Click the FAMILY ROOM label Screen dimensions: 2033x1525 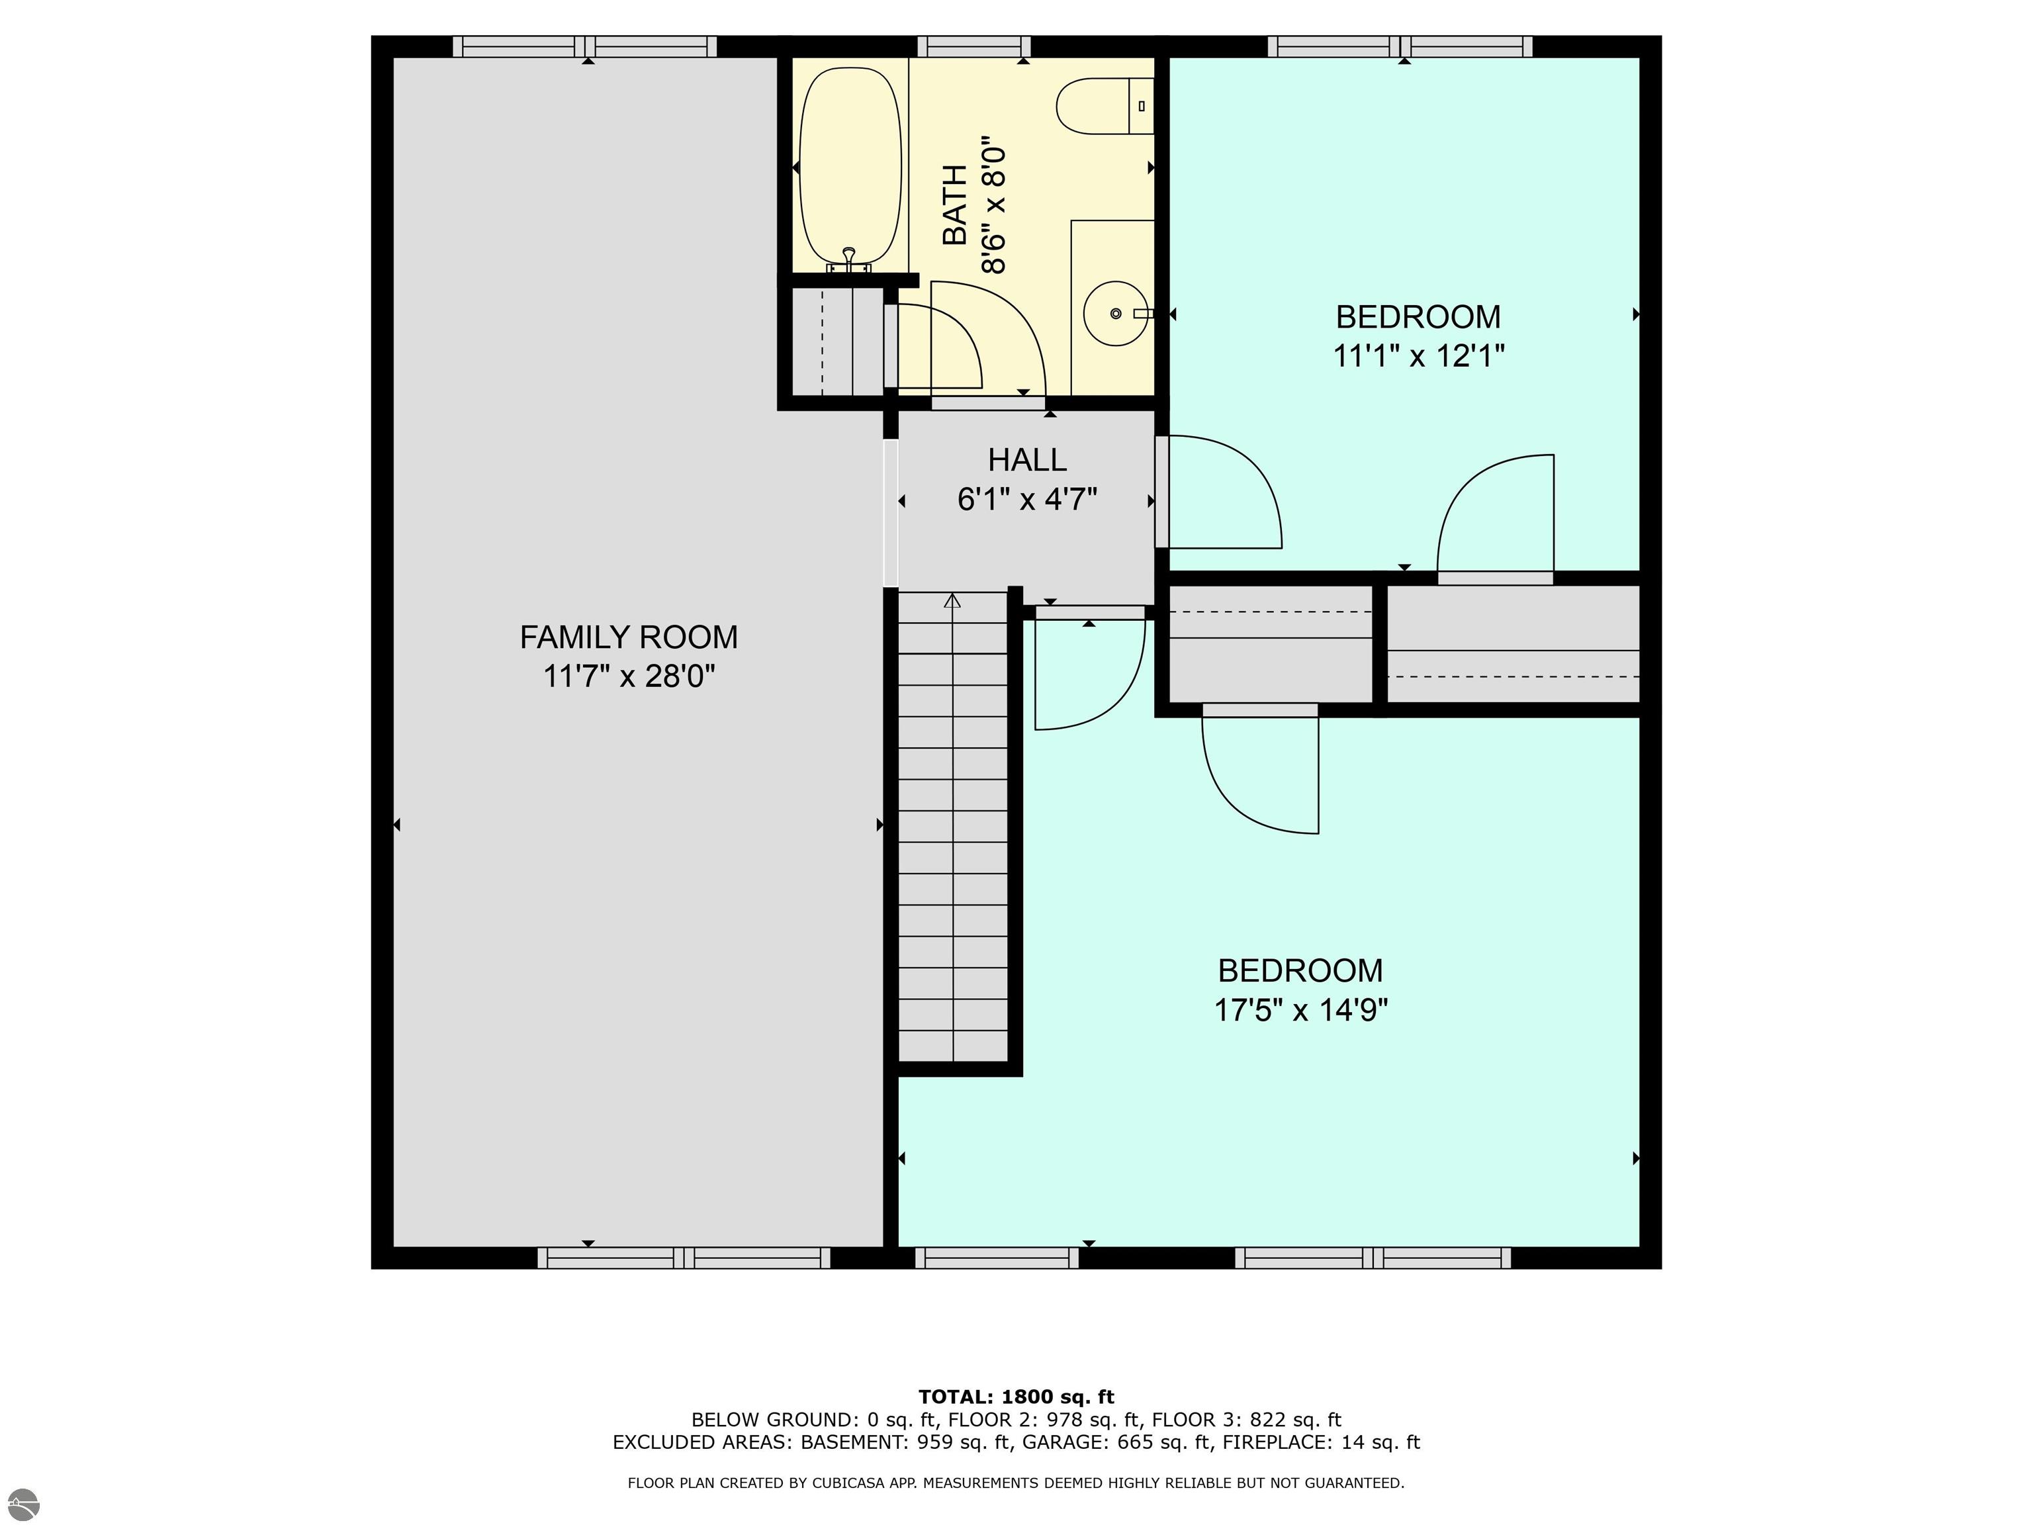(629, 637)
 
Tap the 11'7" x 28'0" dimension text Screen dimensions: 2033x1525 (629, 676)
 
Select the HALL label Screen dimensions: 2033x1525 (1028, 459)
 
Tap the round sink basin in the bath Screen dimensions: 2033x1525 (1116, 314)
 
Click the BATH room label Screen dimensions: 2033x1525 (956, 205)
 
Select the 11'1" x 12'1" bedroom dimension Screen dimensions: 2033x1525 (1418, 355)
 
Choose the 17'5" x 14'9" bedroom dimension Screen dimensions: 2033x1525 (1300, 1010)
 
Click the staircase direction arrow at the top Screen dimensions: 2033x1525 (952, 601)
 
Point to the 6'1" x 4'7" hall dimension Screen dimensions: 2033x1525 (1028, 499)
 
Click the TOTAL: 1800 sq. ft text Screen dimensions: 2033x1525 (1016, 1397)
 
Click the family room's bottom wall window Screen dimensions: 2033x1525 (684, 1258)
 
